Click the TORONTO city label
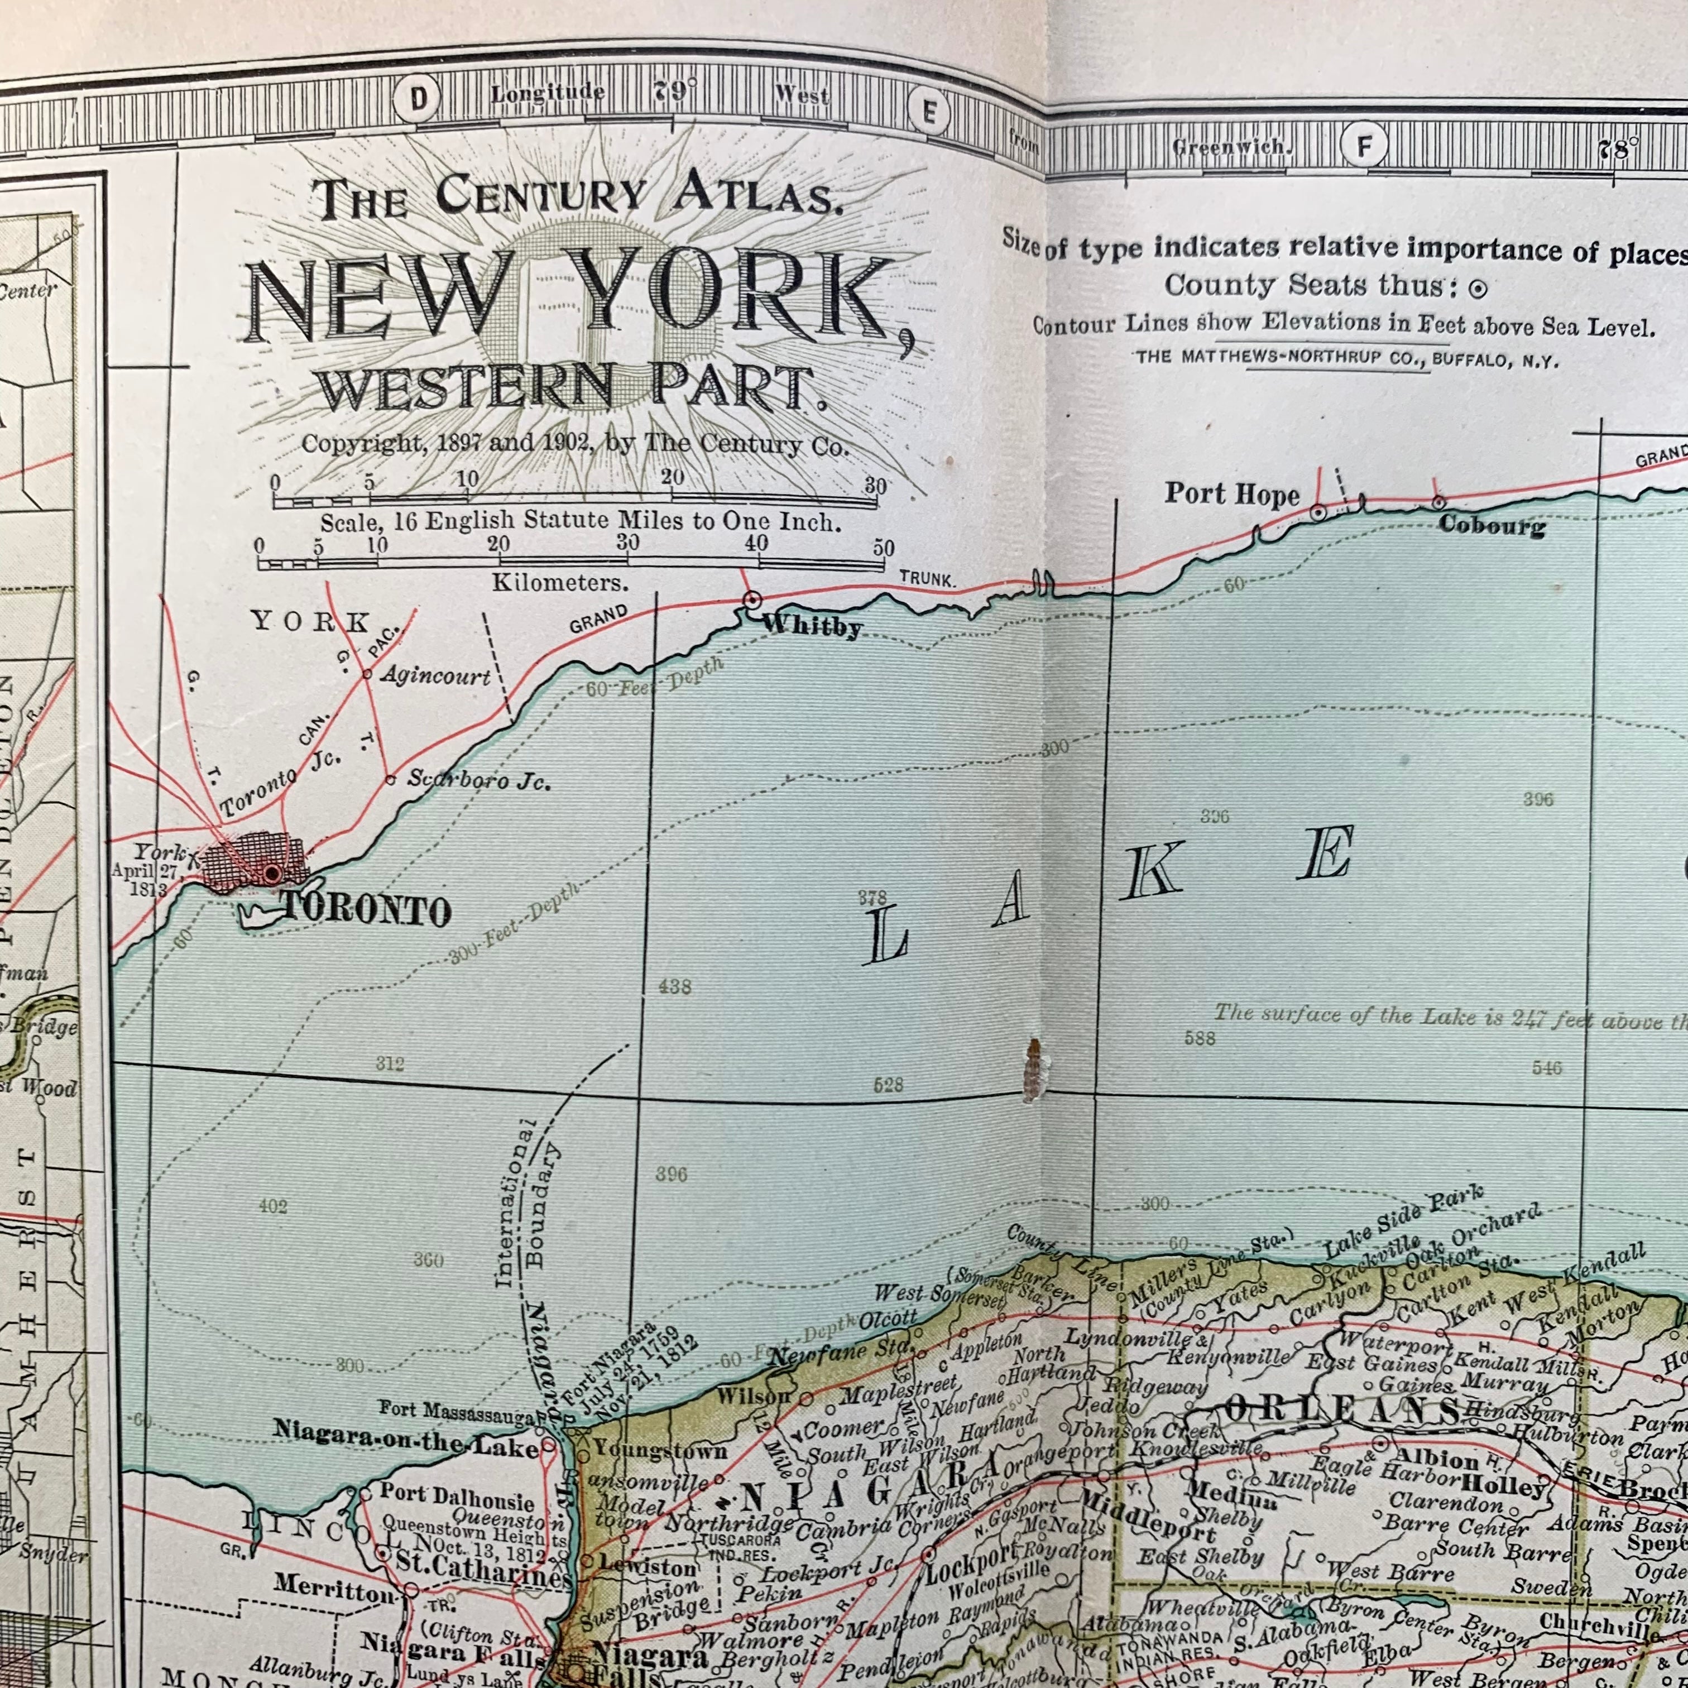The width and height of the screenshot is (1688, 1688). tap(367, 912)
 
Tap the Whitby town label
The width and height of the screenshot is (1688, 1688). tap(812, 626)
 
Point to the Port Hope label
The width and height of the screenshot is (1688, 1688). tap(1231, 495)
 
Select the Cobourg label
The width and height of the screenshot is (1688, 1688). tap(1490, 525)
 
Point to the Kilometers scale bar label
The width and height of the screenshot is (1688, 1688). tap(559, 582)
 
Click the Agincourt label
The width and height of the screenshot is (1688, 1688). tap(435, 675)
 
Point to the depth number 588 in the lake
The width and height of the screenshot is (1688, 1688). tap(1200, 1038)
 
